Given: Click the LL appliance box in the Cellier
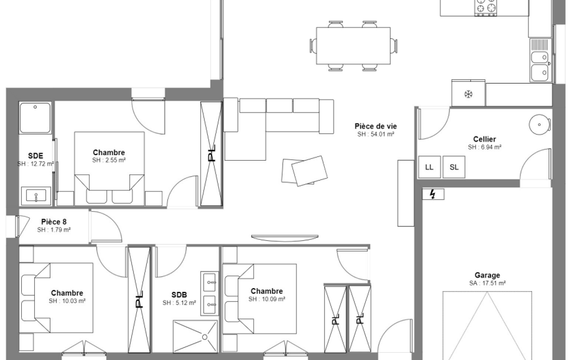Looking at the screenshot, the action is point(429,167).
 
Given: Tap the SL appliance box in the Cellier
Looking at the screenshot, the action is point(454,167).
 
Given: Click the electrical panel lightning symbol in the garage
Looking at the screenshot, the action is point(433,194).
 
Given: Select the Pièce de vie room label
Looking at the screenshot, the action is point(376,126).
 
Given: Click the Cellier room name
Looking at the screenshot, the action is point(484,139).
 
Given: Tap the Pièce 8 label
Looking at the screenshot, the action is point(54,222).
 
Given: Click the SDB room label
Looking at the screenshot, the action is point(179,295).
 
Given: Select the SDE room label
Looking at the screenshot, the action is point(35,156).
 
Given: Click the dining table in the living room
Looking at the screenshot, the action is point(353,45).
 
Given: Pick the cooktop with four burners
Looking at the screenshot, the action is point(486,7).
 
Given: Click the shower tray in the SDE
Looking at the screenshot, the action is point(35,118).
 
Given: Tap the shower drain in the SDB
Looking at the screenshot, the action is point(204,337).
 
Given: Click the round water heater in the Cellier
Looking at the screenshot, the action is point(539,125).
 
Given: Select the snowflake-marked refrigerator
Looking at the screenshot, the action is point(468,94).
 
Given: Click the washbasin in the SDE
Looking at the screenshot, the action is point(36,196).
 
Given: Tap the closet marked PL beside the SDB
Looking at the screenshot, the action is point(140,300).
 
